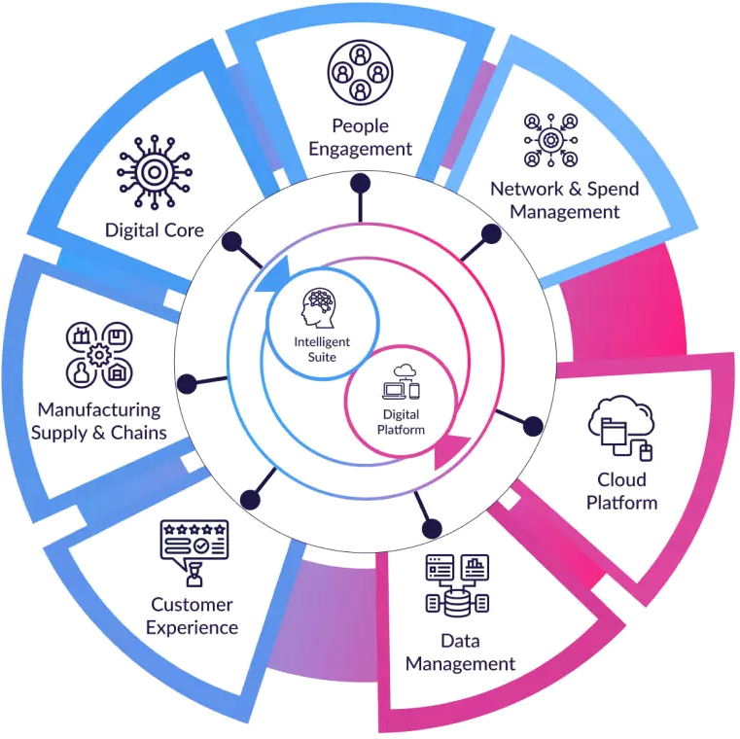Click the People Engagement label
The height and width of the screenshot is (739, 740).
coord(360,137)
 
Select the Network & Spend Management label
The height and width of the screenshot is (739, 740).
coord(553,199)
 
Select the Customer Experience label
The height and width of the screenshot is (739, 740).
coord(193,616)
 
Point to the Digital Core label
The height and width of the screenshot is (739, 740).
coord(156,230)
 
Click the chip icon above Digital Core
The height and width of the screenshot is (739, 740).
coord(155,173)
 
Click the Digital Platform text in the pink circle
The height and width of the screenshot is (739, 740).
coord(400,420)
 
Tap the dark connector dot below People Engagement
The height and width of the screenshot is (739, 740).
coord(360,183)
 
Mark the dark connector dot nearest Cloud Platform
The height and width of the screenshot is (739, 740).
coord(532,426)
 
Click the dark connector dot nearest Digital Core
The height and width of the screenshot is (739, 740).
coord(231,241)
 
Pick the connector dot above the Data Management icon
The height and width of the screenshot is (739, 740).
coord(433,530)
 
